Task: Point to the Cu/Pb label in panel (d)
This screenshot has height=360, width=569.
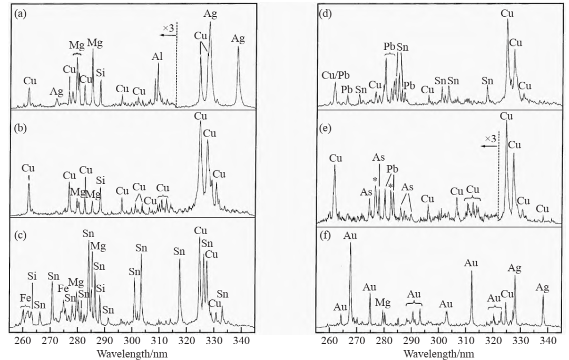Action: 334,76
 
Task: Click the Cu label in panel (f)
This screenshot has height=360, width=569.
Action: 507,294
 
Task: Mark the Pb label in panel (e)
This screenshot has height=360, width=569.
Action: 392,169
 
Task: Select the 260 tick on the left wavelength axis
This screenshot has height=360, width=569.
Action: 22,341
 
